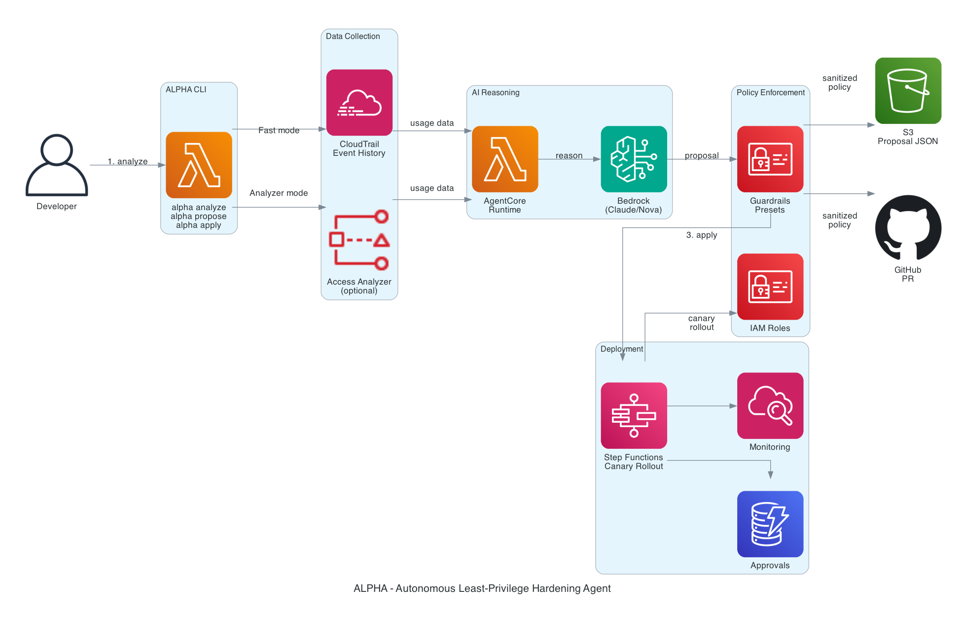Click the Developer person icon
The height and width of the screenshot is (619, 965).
click(57, 165)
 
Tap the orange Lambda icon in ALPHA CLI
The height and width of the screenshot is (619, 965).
click(199, 165)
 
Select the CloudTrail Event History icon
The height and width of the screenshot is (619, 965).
click(359, 102)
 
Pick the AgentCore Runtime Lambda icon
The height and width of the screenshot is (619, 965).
click(505, 159)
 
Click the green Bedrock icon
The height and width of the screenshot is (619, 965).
click(634, 159)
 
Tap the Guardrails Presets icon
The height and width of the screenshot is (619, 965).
click(770, 159)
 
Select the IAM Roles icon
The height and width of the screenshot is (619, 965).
click(770, 287)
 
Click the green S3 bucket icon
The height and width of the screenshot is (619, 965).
click(908, 91)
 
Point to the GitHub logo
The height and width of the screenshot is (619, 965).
click(908, 228)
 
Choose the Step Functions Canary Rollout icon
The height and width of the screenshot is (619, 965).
click(634, 415)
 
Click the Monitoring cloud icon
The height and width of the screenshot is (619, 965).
click(770, 405)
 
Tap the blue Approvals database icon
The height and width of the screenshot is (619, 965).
click(770, 524)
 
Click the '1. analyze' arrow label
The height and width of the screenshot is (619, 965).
click(128, 161)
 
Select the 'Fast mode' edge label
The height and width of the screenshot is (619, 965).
click(279, 130)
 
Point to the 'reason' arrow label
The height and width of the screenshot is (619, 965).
click(569, 155)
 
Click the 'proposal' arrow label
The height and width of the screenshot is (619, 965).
click(702, 155)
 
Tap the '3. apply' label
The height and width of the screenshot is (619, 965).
click(702, 235)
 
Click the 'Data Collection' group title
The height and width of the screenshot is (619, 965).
click(353, 36)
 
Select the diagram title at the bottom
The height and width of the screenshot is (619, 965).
click(482, 588)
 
